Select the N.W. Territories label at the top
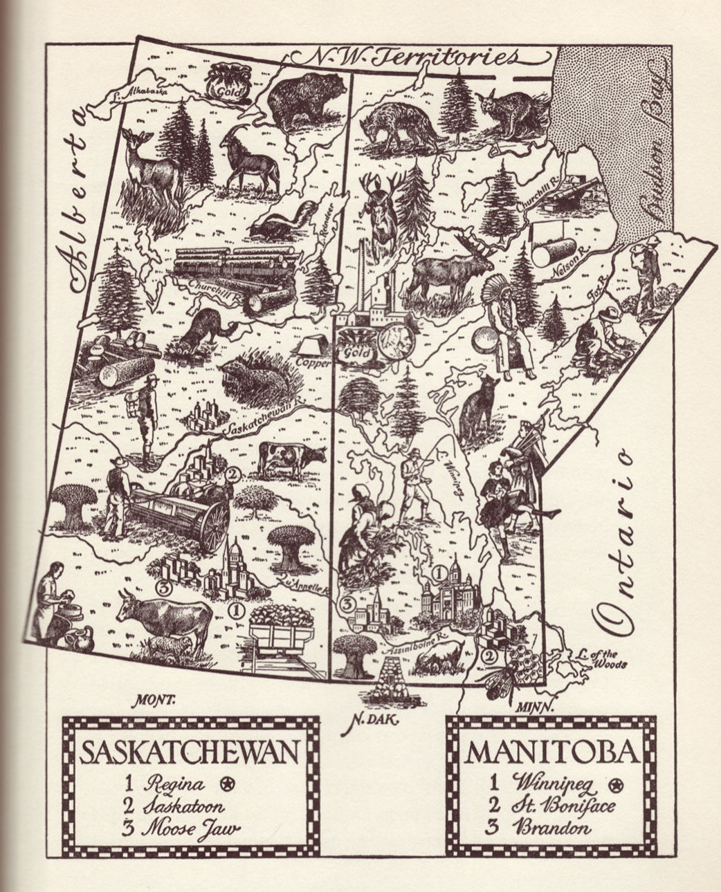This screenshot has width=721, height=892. [416, 57]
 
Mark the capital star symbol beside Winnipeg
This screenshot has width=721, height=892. [614, 784]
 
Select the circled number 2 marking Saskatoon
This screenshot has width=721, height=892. [232, 474]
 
